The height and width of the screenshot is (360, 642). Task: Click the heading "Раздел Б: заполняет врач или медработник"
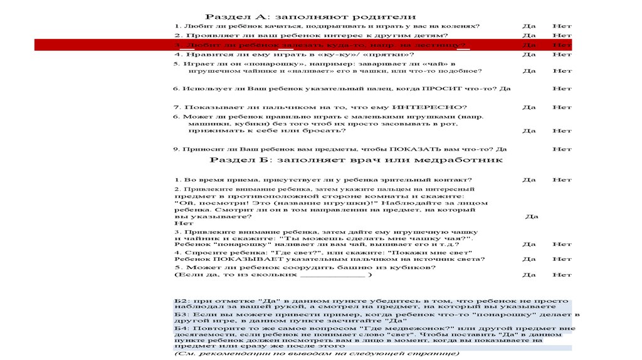pos(355,161)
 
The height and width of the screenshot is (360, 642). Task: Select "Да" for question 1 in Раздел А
pos(529,26)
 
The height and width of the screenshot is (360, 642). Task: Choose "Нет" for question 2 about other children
pos(562,36)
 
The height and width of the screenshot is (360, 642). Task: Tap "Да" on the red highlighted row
pos(529,45)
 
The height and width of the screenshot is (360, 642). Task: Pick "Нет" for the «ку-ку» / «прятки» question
pos(562,55)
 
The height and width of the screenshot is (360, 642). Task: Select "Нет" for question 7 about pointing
pos(562,107)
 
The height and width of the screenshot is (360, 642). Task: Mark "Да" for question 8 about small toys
pos(529,131)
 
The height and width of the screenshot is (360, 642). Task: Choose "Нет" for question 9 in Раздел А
pos(562,149)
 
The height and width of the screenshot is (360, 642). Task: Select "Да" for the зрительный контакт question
pos(529,180)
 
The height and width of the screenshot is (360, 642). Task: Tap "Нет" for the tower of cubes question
pos(562,275)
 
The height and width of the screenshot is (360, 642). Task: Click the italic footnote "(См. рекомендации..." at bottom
pos(317,354)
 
